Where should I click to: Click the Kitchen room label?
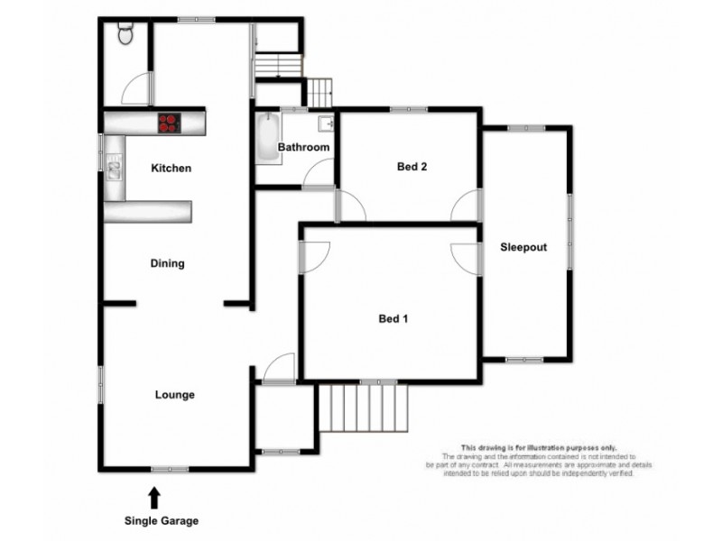(x=171, y=169)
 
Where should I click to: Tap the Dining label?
(x=168, y=263)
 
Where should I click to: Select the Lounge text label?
(x=174, y=394)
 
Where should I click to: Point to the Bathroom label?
(x=303, y=147)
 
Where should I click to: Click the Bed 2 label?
(x=412, y=166)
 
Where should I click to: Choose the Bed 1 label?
(x=393, y=318)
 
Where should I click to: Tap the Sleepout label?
(x=524, y=247)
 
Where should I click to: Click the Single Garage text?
(x=161, y=520)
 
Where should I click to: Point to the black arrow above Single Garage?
(x=154, y=496)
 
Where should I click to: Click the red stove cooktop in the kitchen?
(x=169, y=122)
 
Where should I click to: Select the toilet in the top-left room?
(x=125, y=33)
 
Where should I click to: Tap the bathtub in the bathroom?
(x=268, y=138)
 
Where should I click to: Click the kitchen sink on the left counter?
(x=115, y=167)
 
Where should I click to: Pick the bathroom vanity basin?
(x=327, y=124)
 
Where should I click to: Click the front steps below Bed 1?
(x=363, y=408)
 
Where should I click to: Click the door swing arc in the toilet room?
(x=135, y=87)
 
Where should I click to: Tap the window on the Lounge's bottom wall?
(x=170, y=468)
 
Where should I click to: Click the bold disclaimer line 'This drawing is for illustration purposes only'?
(x=539, y=448)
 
